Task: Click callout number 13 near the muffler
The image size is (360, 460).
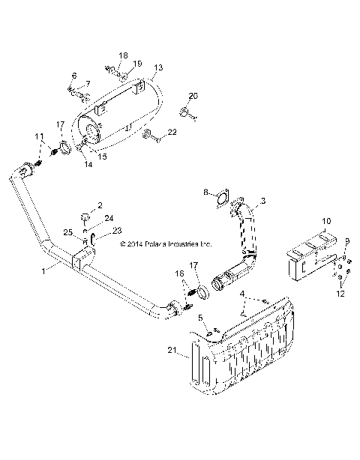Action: [157, 67]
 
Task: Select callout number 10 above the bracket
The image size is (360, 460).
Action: [325, 221]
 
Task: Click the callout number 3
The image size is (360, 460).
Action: [263, 202]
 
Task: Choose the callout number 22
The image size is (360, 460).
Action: [172, 133]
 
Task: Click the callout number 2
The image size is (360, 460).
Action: [100, 205]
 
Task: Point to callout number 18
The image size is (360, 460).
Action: [123, 55]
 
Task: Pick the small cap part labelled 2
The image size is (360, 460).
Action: [86, 217]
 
